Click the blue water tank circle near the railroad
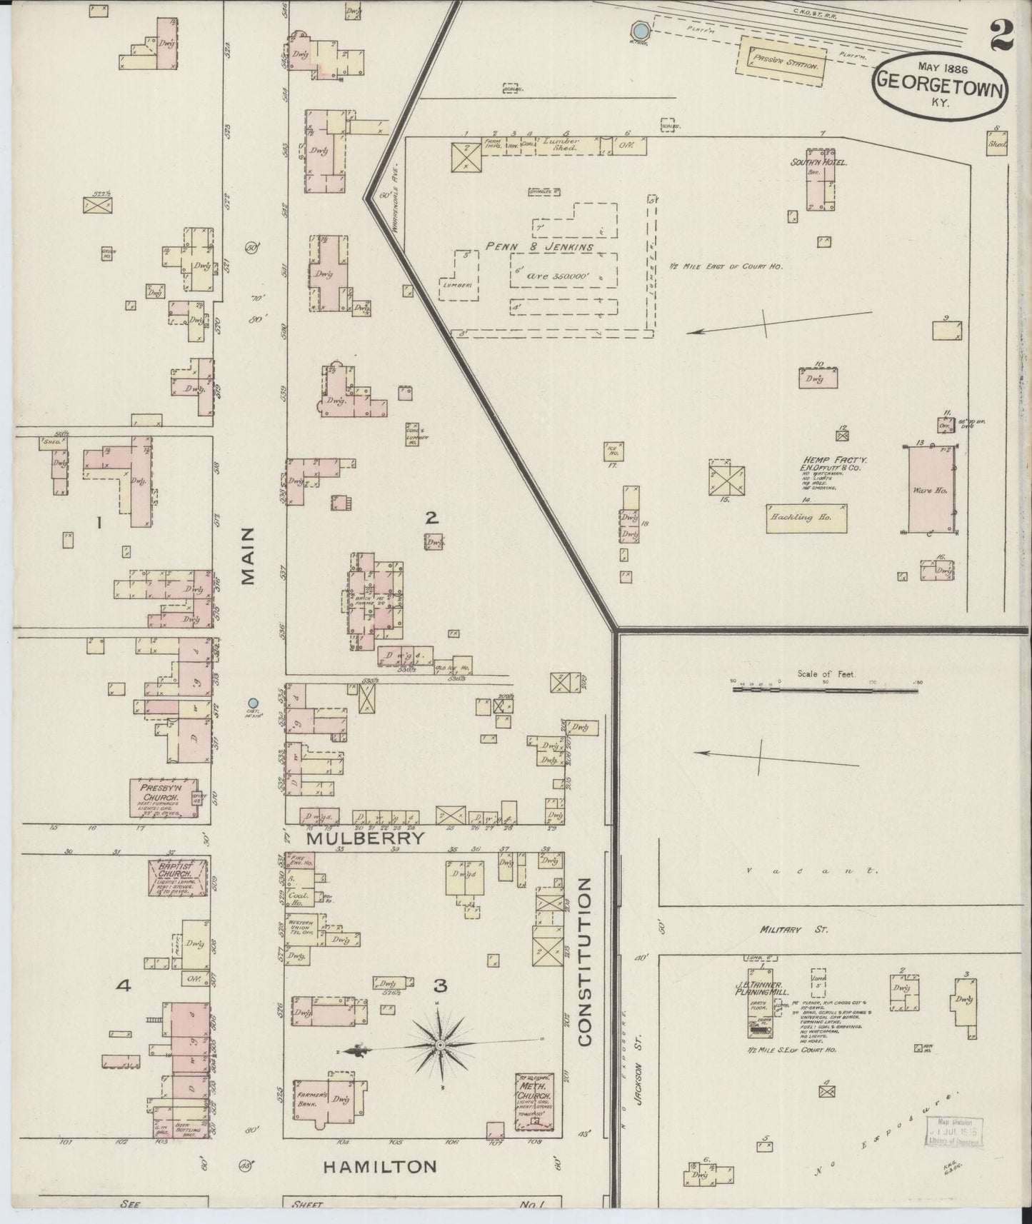pos(641,31)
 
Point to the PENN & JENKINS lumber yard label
pos(539,247)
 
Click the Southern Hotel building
pos(818,182)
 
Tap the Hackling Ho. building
pos(806,518)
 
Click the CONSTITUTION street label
pos(586,962)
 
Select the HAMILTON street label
pos(380,1167)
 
